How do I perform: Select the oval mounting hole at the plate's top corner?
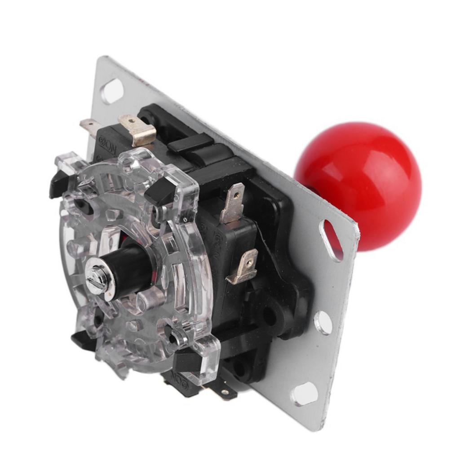click(x=112, y=90)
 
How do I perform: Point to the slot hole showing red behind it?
click(x=332, y=240)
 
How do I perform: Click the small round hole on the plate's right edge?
click(x=323, y=322)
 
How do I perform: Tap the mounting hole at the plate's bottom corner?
click(x=304, y=394)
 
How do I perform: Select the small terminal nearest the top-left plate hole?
click(x=89, y=127)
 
